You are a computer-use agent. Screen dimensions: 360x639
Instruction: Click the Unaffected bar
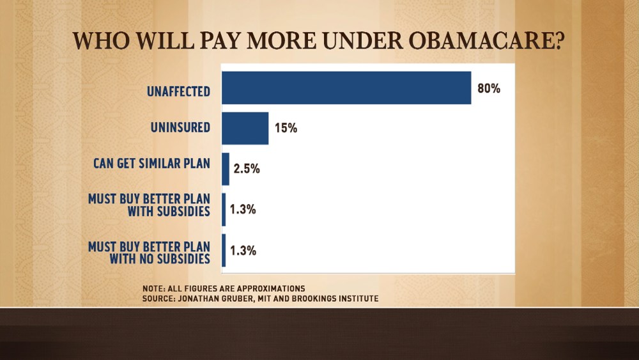coord(346,88)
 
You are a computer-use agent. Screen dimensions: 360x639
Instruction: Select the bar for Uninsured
coord(245,128)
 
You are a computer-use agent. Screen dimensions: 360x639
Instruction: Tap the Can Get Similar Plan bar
coord(225,169)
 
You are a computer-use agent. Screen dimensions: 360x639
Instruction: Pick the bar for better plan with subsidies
coord(224,209)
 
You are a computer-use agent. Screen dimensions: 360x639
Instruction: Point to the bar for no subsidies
coord(224,250)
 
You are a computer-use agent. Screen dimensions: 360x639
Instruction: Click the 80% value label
coord(489,88)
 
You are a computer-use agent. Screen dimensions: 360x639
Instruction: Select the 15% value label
coord(286,128)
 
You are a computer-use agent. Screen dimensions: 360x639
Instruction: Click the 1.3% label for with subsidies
coord(243,209)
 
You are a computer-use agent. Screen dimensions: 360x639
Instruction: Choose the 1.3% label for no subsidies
coord(243,250)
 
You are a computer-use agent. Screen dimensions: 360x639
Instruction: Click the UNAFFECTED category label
coord(178,91)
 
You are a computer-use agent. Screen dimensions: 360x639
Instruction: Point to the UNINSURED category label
coord(180,127)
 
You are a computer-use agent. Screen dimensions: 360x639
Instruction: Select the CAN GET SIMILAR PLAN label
coord(151,163)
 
